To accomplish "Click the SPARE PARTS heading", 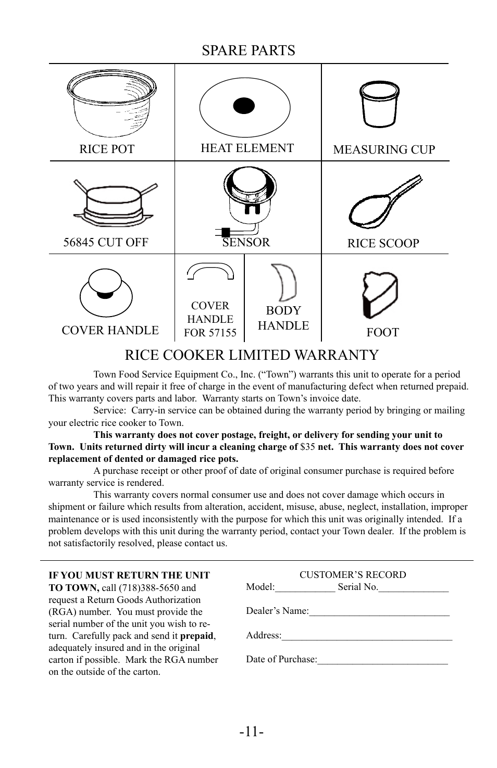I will pyautogui.click(x=248, y=51).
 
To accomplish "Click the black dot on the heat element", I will pyautogui.click(x=244, y=106).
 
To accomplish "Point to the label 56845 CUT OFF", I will pyautogui.click(x=106, y=242).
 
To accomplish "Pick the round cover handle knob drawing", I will pyautogui.click(x=106, y=293).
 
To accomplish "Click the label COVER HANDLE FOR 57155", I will pyautogui.click(x=210, y=319).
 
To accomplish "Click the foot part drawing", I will pyautogui.click(x=380, y=295).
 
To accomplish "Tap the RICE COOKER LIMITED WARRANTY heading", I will pyautogui.click(x=252, y=355).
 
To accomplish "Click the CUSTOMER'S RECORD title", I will pyautogui.click(x=352, y=575).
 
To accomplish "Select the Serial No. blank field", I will pyautogui.click(x=413, y=588).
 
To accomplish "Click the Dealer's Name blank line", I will pyautogui.click(x=379, y=611).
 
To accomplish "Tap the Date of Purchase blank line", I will pyautogui.click(x=382, y=660).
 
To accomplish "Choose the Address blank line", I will pyautogui.click(x=367, y=636).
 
